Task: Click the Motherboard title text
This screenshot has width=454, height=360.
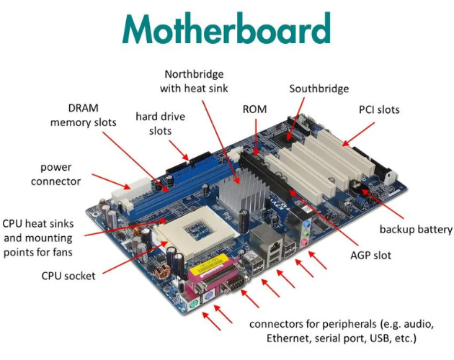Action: [226, 30]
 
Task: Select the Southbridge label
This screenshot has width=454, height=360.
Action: [319, 89]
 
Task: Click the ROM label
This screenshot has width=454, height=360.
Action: [254, 109]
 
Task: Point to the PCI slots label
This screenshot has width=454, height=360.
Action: [378, 110]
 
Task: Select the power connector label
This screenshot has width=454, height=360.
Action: [55, 174]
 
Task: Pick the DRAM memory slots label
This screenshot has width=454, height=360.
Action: [83, 114]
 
